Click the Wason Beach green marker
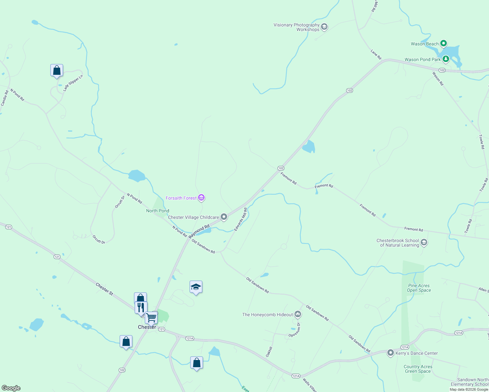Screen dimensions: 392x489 [x=443, y=43]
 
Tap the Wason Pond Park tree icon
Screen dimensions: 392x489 [x=446, y=59]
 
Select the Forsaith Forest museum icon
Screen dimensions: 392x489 [x=201, y=198]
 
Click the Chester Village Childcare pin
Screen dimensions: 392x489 [x=224, y=217]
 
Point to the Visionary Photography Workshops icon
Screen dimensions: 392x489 [x=324, y=27]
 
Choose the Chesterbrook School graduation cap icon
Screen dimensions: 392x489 [x=424, y=242]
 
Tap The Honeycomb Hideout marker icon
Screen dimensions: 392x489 [x=297, y=314]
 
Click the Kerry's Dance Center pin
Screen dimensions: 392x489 [x=390, y=353]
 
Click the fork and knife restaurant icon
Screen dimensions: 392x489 [x=141, y=307]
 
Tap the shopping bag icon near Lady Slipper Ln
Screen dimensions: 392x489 [x=57, y=70]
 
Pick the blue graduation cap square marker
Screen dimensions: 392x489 [x=196, y=287]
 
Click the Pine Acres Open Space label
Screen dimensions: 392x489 [x=419, y=288]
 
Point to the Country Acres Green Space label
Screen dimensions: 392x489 [x=418, y=369]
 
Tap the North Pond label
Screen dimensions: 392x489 [x=158, y=211]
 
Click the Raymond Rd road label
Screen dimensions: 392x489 [x=199, y=231]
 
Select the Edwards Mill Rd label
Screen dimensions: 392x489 [x=241, y=220]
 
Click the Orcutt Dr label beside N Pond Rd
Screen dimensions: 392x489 [x=120, y=202]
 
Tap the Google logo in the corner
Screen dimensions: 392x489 [x=11, y=388]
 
